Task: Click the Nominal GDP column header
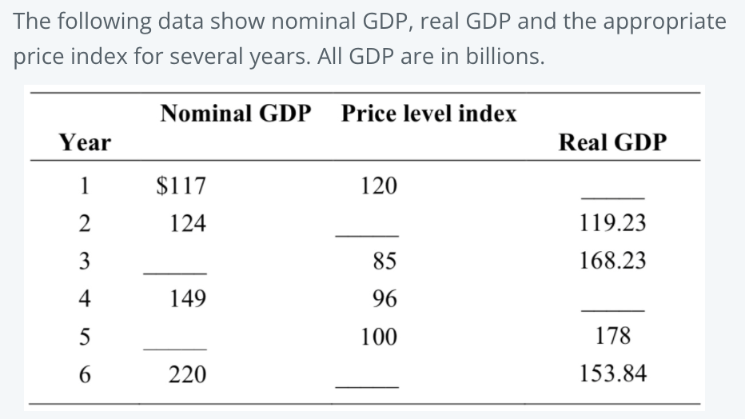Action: tap(235, 114)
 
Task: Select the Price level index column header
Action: tap(428, 114)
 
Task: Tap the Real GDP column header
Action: tap(612, 142)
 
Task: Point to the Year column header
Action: tap(86, 142)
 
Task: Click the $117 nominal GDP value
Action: tap(180, 186)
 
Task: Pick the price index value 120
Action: tap(378, 186)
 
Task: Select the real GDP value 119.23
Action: tap(613, 223)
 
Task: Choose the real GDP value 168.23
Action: tap(613, 261)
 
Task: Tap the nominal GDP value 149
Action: tap(188, 298)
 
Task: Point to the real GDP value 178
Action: tap(613, 336)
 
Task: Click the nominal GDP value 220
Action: tap(188, 373)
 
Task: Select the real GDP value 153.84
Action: tap(613, 373)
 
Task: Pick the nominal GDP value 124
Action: tap(188, 223)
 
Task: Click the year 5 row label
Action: tap(84, 336)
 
